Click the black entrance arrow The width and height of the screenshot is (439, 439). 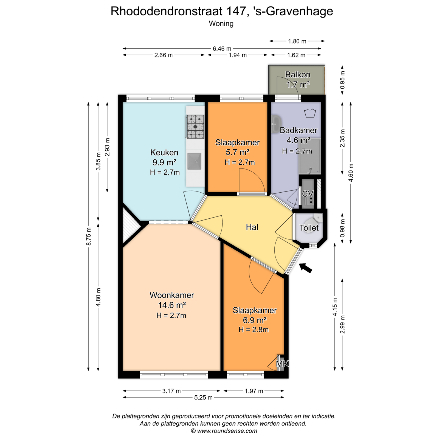[305, 268]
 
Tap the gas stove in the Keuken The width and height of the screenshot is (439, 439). [195, 126]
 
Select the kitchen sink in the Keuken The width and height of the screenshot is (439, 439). [194, 161]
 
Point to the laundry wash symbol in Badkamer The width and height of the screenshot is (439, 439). [310, 113]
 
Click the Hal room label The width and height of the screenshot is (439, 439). [252, 227]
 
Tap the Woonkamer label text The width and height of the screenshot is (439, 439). [172, 295]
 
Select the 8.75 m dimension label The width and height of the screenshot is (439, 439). [88, 237]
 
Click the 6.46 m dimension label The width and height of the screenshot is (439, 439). [222, 49]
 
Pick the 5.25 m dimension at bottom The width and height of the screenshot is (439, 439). [203, 397]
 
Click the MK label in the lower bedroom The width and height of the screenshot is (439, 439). [282, 364]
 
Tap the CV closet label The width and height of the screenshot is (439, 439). [308, 194]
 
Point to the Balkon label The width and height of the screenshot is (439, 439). [298, 75]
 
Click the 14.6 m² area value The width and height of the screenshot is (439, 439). [172, 305]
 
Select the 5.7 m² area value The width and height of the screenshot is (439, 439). [237, 152]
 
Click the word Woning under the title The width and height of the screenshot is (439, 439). [221, 24]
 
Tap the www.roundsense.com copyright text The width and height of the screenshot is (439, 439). [224, 431]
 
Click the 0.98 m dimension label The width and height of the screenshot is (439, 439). [342, 228]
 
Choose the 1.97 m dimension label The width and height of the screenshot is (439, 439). [254, 391]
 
